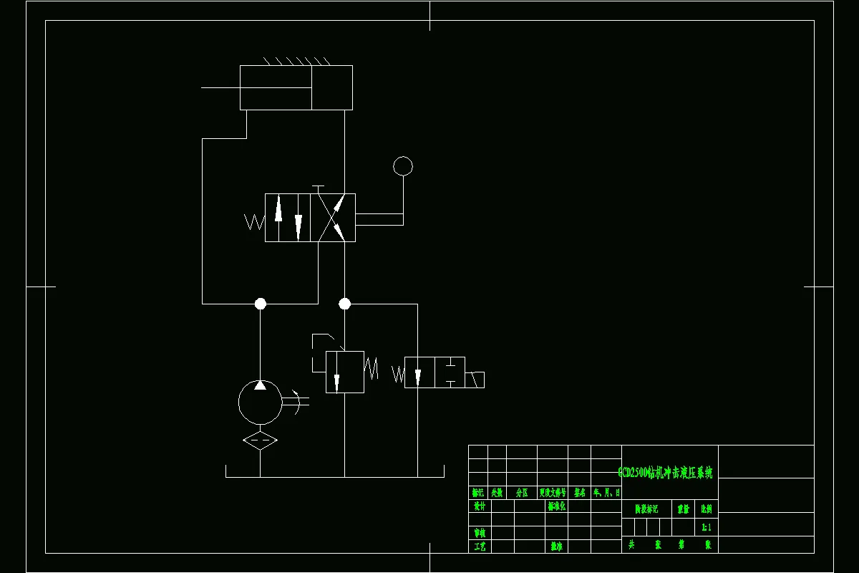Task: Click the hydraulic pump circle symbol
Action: tap(260, 403)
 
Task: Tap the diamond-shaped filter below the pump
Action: tap(260, 440)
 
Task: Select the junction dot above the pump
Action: tap(261, 304)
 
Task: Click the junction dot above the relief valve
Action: tap(344, 304)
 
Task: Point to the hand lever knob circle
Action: tap(403, 166)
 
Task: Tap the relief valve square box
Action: tap(344, 372)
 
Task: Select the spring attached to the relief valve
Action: tap(372, 369)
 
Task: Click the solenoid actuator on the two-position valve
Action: tap(475, 380)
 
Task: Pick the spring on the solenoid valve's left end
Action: tap(398, 374)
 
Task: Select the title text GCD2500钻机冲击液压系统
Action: tap(666, 473)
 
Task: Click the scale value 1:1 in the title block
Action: tap(706, 527)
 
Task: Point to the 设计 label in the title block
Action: tap(479, 506)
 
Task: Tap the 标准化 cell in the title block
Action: tap(556, 506)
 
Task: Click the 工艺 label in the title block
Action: tap(479, 546)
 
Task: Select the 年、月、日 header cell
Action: tap(606, 493)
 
